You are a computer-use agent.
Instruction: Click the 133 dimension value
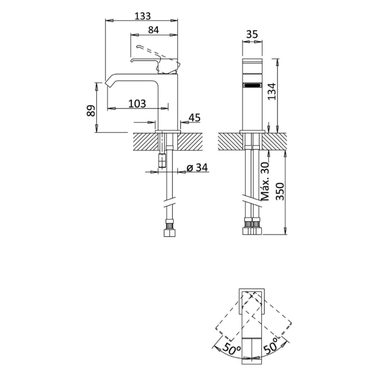(x=143, y=16)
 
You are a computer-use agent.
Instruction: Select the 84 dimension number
(x=153, y=30)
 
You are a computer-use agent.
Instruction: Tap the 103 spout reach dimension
(x=137, y=104)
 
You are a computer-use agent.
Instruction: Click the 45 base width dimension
(x=194, y=117)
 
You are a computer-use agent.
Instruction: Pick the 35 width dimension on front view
(x=252, y=34)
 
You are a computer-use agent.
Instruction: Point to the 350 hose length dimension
(x=279, y=192)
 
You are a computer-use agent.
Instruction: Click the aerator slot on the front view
(x=252, y=85)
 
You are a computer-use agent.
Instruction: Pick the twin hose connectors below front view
(x=252, y=227)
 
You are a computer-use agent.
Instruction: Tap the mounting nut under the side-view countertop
(x=161, y=160)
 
